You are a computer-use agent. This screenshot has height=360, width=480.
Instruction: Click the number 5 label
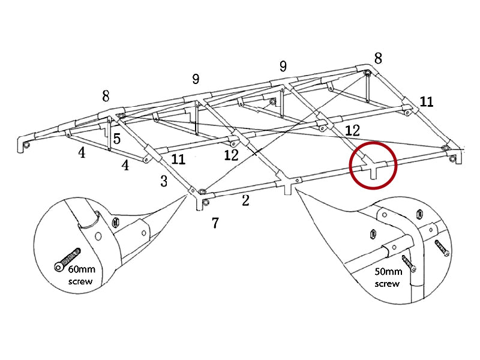click(x=116, y=139)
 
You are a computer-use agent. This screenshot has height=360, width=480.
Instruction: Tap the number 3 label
click(x=164, y=181)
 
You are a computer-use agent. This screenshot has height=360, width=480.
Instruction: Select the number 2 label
click(x=245, y=201)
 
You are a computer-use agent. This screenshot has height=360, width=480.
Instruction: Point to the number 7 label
click(x=215, y=223)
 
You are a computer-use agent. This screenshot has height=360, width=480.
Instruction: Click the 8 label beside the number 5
click(x=106, y=96)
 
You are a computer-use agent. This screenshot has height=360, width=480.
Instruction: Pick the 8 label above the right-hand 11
click(x=378, y=58)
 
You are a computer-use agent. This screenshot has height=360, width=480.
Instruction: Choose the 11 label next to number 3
click(x=178, y=160)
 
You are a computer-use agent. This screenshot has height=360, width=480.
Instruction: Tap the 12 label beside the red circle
click(x=352, y=130)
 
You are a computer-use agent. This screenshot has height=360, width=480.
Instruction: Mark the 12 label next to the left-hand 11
click(x=231, y=155)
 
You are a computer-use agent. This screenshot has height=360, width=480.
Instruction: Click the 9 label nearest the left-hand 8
click(x=196, y=79)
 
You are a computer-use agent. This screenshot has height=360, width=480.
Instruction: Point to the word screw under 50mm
click(x=386, y=283)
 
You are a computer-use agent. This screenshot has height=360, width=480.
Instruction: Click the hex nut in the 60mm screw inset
click(x=114, y=223)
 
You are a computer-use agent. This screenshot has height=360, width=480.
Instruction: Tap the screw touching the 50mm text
click(x=410, y=263)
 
